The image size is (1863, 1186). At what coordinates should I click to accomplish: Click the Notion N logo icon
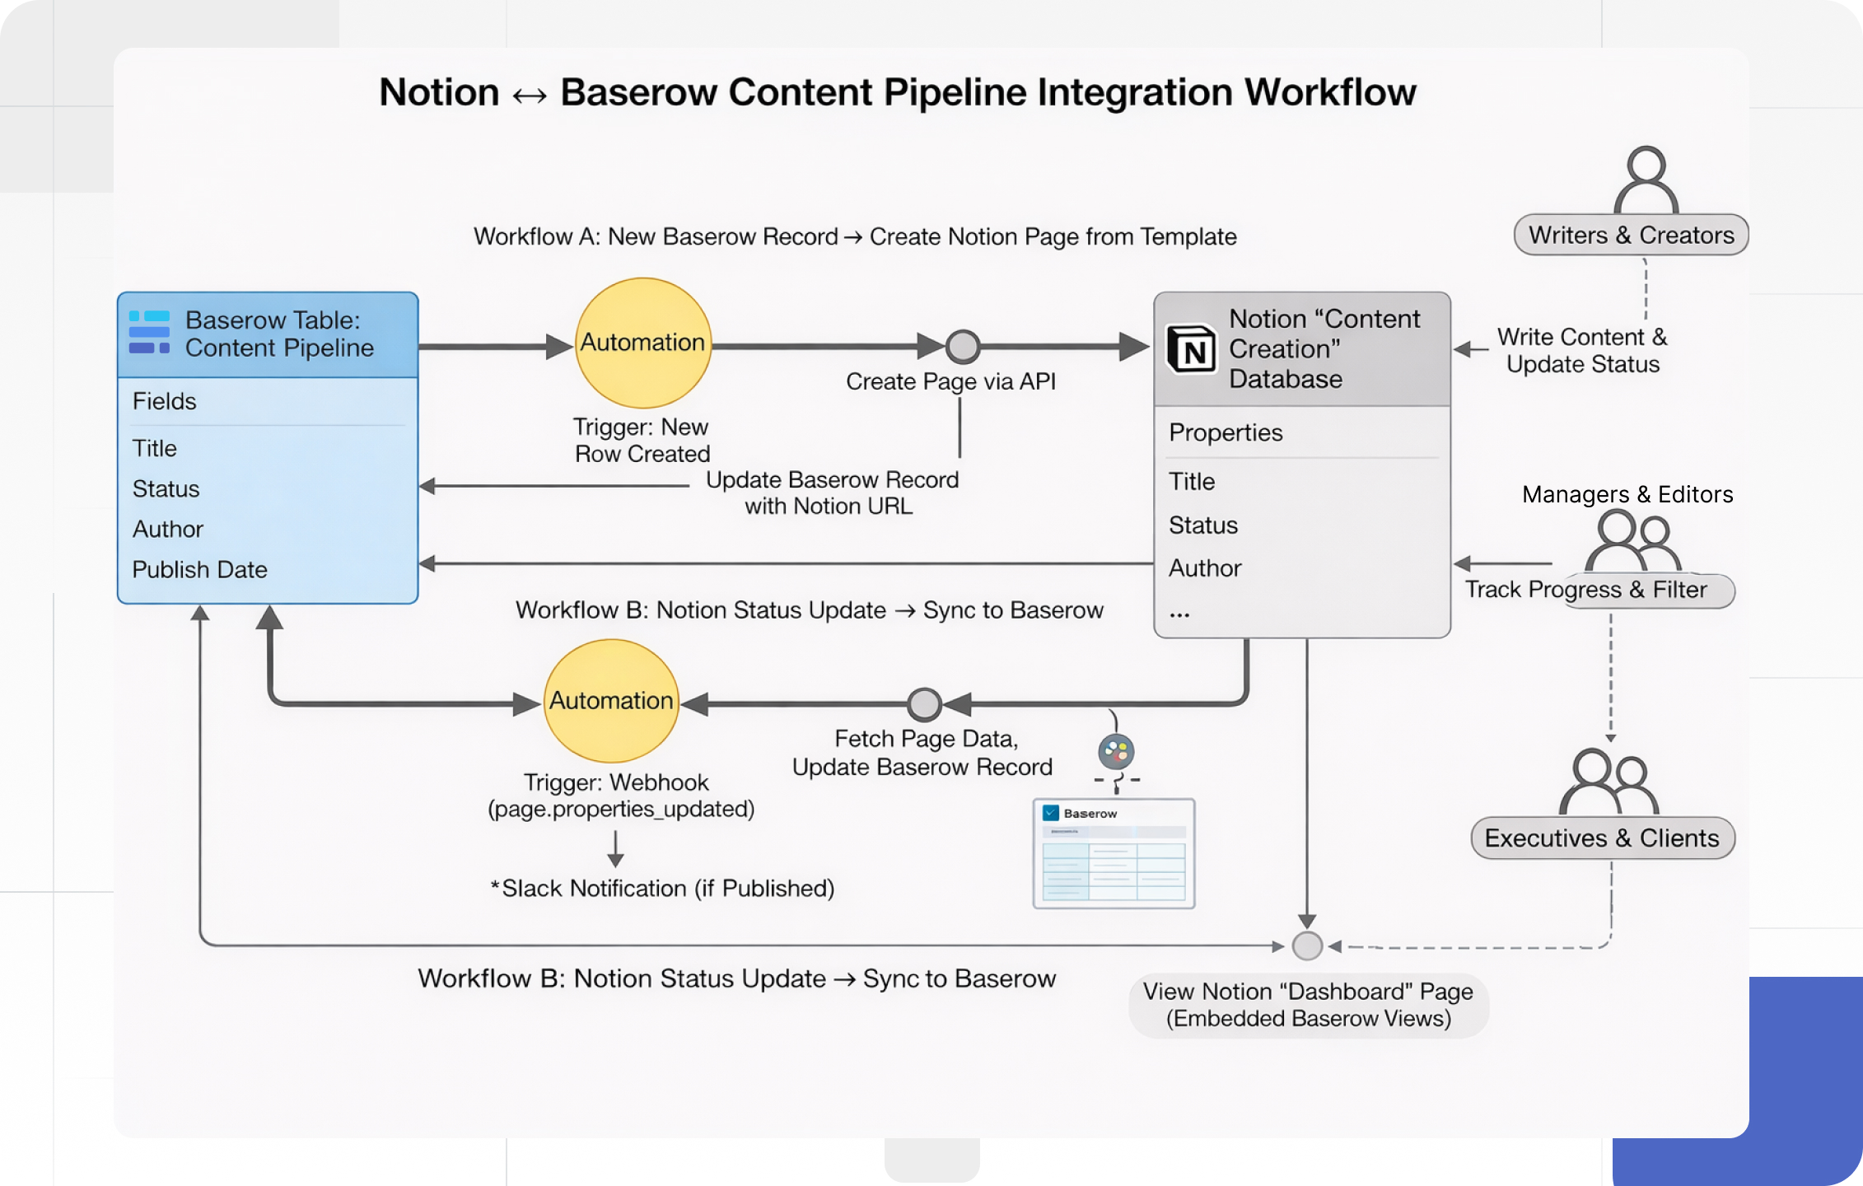point(1192,349)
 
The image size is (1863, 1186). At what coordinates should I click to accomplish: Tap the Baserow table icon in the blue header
point(149,333)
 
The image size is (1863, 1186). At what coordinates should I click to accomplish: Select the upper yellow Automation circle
point(642,343)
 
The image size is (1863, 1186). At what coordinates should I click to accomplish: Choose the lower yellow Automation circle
point(611,701)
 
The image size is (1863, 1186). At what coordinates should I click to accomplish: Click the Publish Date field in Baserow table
point(199,570)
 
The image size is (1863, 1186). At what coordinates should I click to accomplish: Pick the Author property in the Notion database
point(1204,568)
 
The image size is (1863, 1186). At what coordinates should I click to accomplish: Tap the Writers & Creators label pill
point(1631,236)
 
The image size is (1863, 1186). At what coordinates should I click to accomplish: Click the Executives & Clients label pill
point(1602,838)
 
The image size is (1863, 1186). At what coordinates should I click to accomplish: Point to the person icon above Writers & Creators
point(1646,180)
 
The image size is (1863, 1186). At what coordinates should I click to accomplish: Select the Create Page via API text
point(950,382)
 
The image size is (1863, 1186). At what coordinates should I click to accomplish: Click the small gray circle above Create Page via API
point(962,347)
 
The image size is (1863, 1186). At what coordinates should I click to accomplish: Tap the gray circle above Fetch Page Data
point(924,704)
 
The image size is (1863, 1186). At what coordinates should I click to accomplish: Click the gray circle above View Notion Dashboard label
point(1307,946)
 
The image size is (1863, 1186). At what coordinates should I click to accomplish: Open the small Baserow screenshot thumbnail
point(1114,854)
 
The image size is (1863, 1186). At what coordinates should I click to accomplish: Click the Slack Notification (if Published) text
point(662,889)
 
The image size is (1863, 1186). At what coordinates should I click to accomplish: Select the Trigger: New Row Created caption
point(642,441)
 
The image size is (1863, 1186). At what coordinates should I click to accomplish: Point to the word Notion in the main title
point(439,92)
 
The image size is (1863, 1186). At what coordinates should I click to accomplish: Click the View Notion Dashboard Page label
point(1308,1005)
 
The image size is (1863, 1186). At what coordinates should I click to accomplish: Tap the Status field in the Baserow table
point(166,489)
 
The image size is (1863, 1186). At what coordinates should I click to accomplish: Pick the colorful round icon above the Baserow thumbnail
point(1116,751)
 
